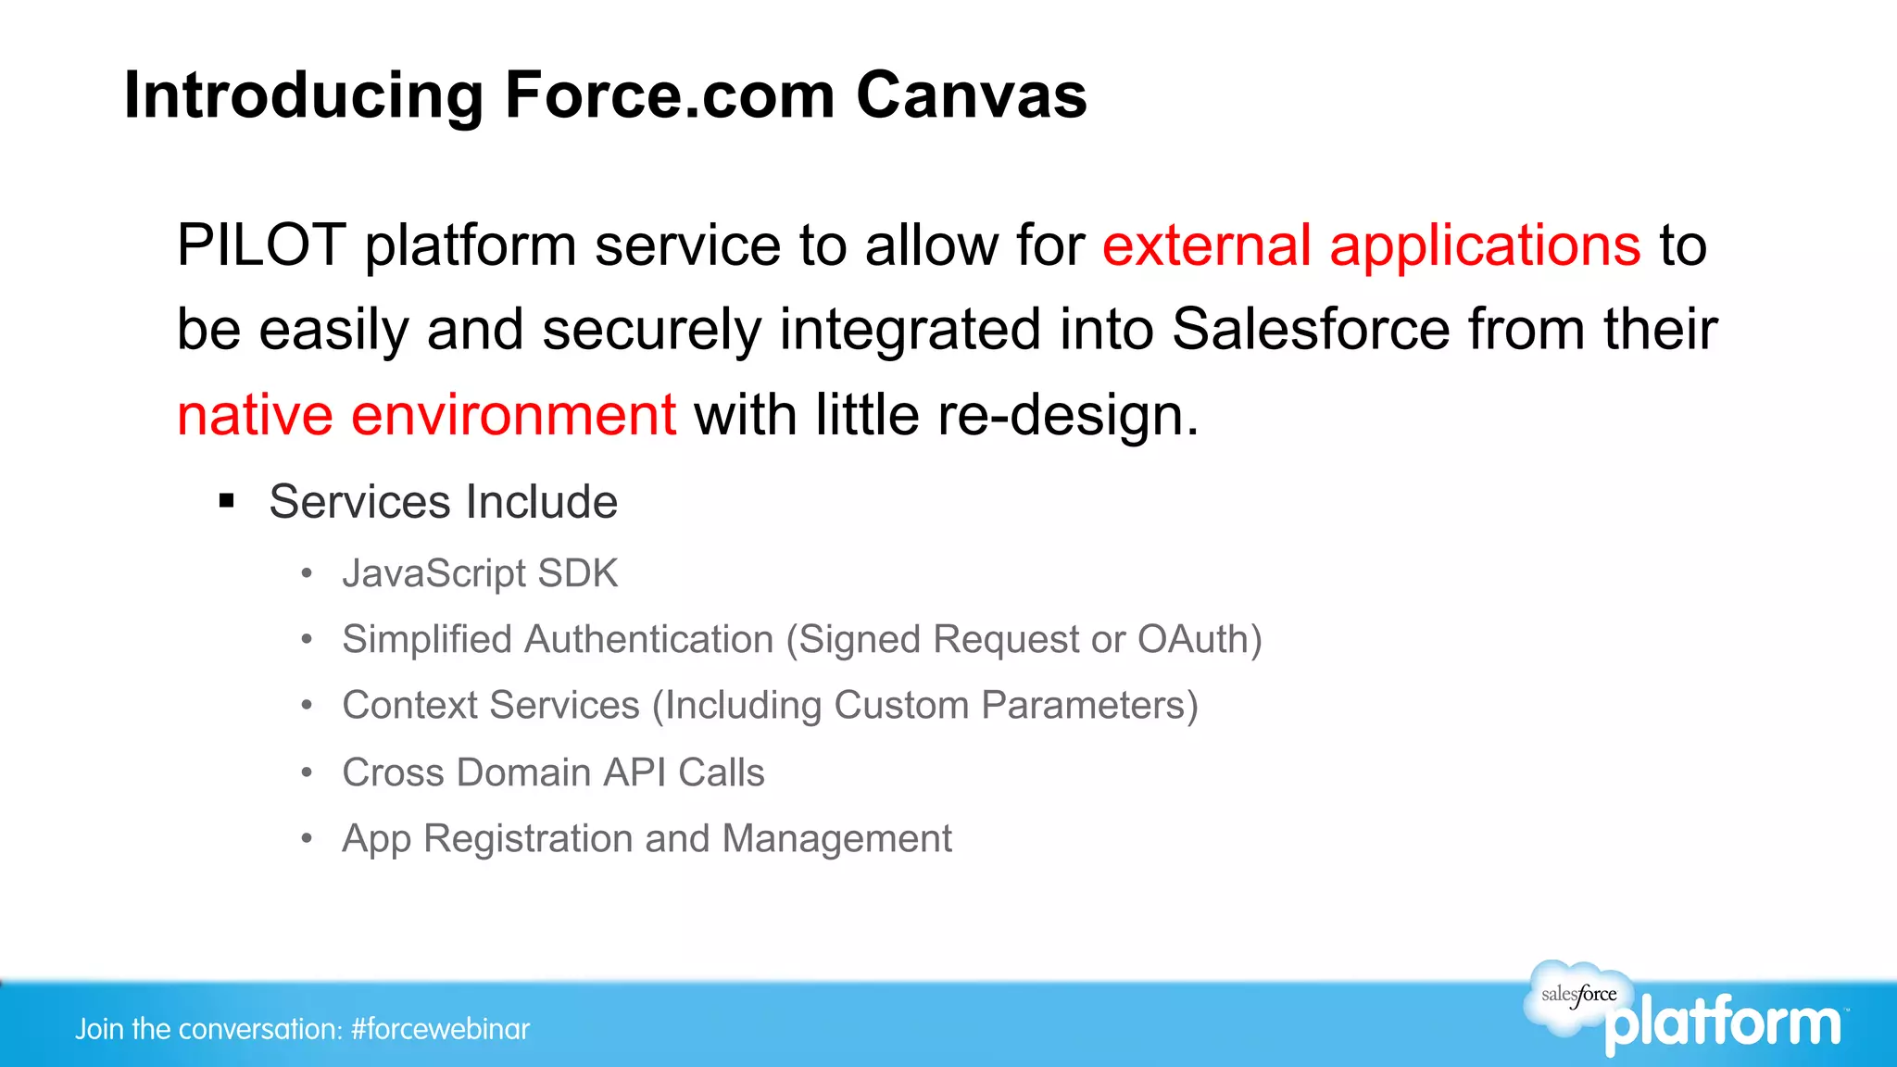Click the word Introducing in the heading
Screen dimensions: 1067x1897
pos(304,95)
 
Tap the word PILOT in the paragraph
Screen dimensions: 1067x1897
pos(261,245)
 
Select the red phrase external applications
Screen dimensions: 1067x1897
pos(1371,245)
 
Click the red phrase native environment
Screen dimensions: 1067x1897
pos(426,415)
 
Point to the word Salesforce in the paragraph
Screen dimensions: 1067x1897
pos(1311,330)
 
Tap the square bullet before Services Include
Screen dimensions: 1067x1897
pos(227,502)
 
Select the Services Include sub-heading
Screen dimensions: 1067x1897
pos(443,502)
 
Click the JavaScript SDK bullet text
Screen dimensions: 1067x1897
pos(480,573)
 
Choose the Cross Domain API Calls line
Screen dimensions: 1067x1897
pos(553,772)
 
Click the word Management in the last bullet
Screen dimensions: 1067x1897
pos(836,839)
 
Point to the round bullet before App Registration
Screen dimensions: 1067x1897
pos(307,839)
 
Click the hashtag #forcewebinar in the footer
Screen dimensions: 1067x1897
pos(440,1029)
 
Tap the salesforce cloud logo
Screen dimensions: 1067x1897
pos(1578,996)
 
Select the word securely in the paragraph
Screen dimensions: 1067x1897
pos(651,330)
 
